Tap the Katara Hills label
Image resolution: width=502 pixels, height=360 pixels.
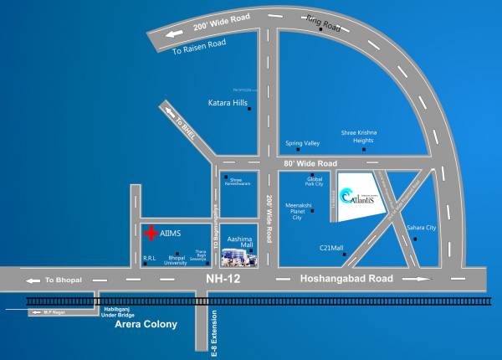[x=228, y=104]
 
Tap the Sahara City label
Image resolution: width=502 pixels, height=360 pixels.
[x=421, y=228]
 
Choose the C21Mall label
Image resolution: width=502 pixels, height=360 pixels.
[x=332, y=248]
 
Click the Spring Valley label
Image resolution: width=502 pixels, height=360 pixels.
[x=302, y=143]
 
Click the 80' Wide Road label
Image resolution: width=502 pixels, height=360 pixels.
[x=310, y=162]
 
